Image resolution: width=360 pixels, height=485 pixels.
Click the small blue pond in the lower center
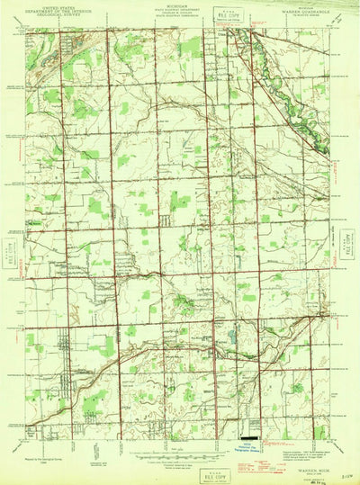pyautogui.click(x=231, y=340)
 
